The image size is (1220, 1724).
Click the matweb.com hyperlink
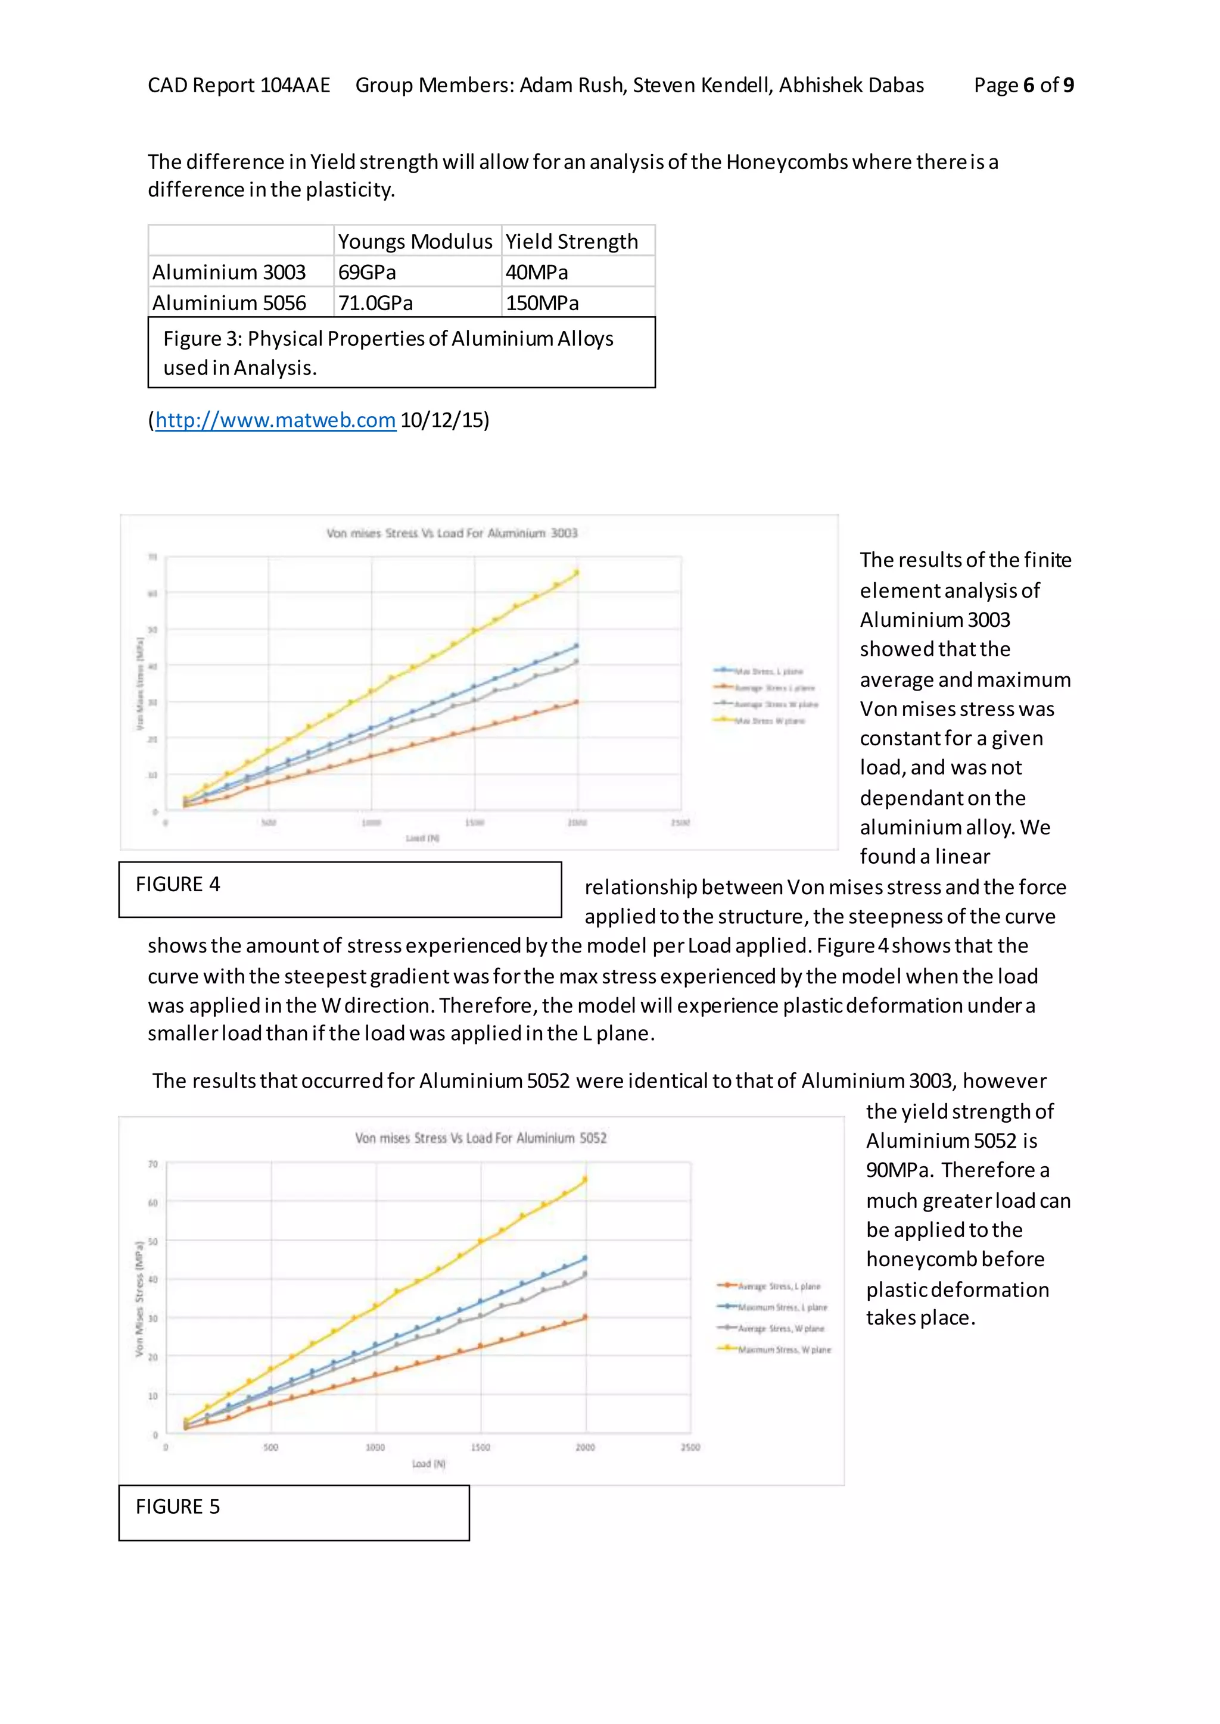coord(275,420)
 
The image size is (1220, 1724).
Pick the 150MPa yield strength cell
coord(541,302)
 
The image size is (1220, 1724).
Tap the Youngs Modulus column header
coord(415,241)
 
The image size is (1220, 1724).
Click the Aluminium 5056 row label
coord(229,302)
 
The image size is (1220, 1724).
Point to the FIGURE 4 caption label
coord(178,884)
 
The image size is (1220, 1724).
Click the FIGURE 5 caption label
coord(178,1506)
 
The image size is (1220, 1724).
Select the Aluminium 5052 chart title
coord(481,1138)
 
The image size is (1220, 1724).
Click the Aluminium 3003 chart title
coord(452,533)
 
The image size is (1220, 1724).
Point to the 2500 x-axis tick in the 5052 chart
coord(690,1447)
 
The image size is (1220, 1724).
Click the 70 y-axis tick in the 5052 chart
coord(152,1164)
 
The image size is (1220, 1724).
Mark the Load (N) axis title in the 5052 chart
coord(428,1463)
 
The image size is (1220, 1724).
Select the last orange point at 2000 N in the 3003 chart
coord(576,702)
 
